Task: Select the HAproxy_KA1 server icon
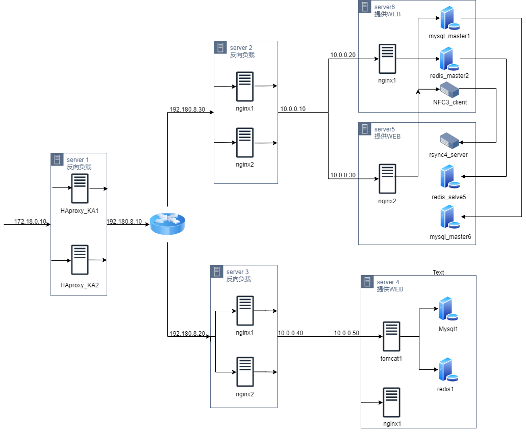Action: [x=80, y=188]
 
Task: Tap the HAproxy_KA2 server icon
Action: [x=80, y=260]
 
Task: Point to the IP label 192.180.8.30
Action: [x=187, y=109]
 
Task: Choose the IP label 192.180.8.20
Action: [x=187, y=333]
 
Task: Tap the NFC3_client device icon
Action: [x=449, y=90]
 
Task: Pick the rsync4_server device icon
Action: [x=449, y=141]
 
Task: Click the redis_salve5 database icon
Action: [x=449, y=177]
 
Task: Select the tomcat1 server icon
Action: [x=391, y=336]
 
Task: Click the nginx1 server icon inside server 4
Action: [x=391, y=402]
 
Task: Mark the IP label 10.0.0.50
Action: [x=347, y=333]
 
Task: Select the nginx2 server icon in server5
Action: [x=388, y=178]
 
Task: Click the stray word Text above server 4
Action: [x=438, y=273]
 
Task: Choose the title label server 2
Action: [x=241, y=48]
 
